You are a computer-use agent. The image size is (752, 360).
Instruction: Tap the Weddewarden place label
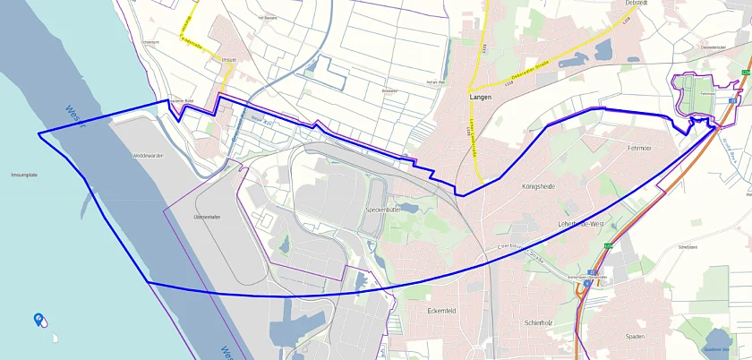tap(148, 156)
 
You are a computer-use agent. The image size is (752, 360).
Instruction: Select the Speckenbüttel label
tap(387, 209)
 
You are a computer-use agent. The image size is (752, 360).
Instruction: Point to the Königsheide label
tap(538, 186)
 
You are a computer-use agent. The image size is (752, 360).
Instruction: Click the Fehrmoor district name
tap(640, 148)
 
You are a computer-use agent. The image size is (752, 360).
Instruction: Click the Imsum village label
tap(227, 60)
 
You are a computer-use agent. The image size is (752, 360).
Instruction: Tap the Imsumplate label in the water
tap(24, 175)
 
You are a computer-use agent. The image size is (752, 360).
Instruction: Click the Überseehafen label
tap(207, 217)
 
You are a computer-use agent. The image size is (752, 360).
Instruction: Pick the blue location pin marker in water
tap(38, 318)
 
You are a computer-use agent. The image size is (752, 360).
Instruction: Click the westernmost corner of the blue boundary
tap(38, 134)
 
